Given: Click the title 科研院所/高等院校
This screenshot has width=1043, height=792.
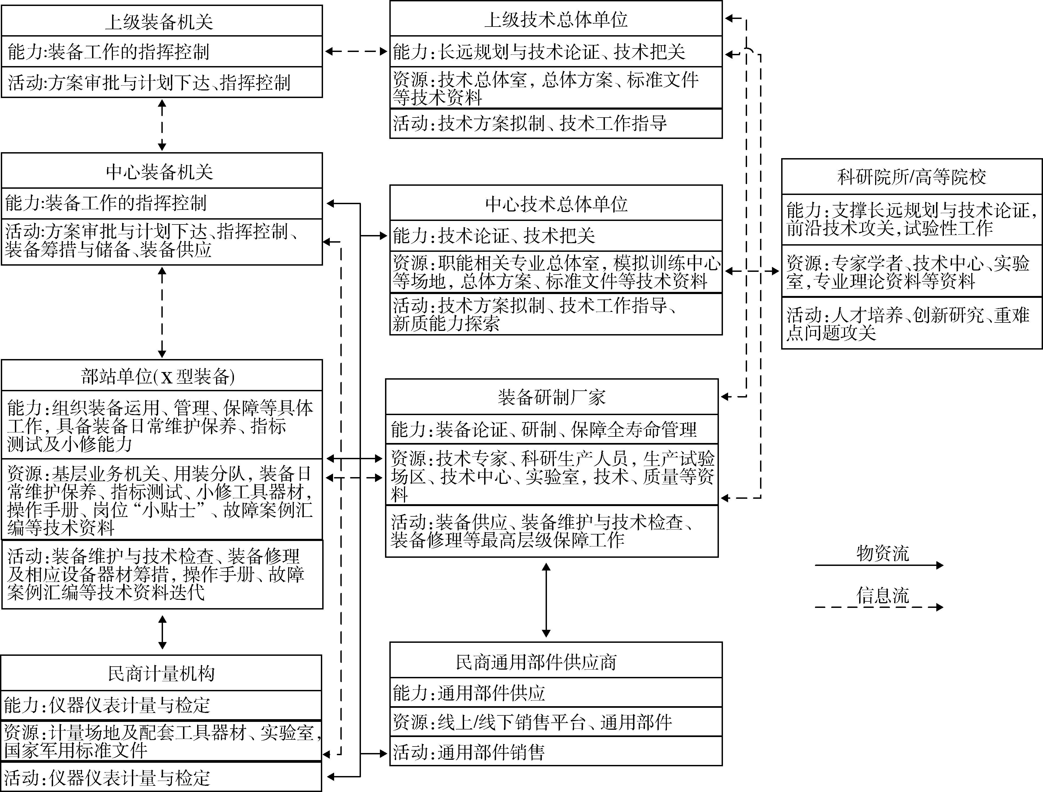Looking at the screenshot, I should [x=911, y=177].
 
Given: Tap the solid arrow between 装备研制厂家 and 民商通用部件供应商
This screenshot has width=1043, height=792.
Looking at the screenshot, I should [x=546, y=600].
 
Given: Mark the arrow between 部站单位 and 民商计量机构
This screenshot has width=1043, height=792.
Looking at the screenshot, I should [x=162, y=632].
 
